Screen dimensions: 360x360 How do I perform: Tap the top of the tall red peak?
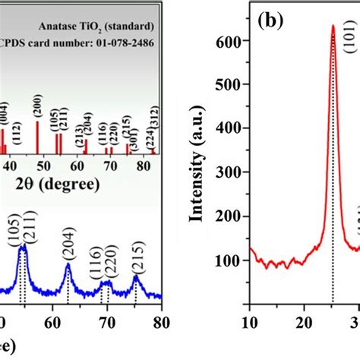click(x=333, y=26)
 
